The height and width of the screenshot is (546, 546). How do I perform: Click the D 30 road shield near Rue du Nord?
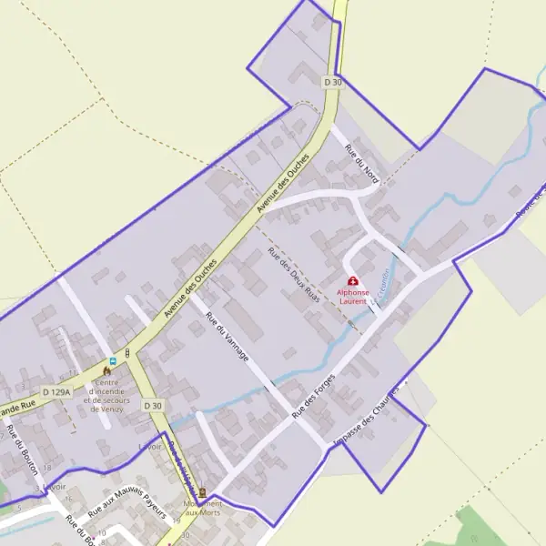click(x=333, y=82)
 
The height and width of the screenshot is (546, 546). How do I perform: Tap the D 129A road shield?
click(x=56, y=392)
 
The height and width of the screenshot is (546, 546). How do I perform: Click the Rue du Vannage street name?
click(x=227, y=338)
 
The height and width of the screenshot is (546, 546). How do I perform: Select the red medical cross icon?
click(x=353, y=282)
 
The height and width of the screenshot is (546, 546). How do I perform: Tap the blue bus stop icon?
click(x=113, y=360)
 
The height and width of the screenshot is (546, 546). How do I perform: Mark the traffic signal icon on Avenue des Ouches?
click(x=127, y=352)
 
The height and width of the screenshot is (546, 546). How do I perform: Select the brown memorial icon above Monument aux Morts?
click(x=202, y=493)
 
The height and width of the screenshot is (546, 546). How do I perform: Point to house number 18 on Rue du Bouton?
click(x=47, y=467)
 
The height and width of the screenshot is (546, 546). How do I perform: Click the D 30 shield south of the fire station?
click(x=153, y=406)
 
